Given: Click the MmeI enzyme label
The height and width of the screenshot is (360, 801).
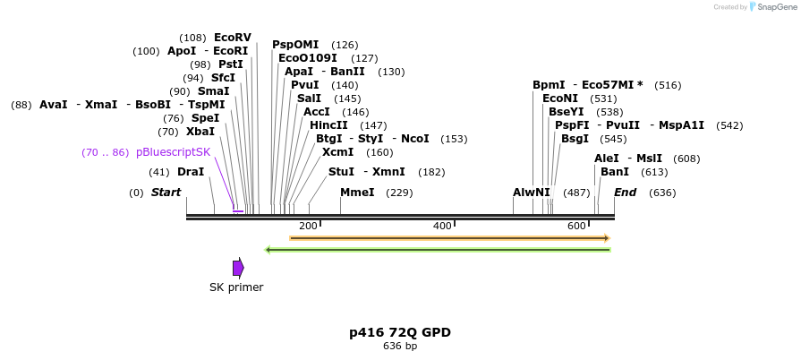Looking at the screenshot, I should point(357,193).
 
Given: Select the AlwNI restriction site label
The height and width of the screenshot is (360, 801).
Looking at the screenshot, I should point(532,193).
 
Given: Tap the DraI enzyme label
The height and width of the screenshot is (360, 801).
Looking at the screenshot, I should point(191,172).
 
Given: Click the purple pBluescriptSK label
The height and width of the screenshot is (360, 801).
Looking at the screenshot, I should point(174,152).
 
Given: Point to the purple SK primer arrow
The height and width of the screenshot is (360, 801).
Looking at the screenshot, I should point(238,268).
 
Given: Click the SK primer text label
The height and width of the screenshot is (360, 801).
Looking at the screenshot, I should point(236,287).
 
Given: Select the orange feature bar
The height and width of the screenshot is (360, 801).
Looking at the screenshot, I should point(449,238).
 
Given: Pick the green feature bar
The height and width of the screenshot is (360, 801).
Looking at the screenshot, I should point(439,249).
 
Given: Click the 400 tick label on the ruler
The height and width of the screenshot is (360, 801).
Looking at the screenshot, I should point(442,226).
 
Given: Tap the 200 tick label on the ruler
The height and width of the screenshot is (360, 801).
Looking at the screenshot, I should point(308,226).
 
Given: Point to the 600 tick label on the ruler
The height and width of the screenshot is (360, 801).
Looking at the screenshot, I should point(576,226).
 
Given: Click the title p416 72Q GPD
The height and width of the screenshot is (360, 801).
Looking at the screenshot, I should point(400,332).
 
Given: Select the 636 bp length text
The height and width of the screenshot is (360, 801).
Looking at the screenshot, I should point(400,346).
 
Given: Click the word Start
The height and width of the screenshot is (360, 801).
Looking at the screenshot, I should point(166,193).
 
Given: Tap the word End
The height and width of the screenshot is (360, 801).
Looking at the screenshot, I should point(625,193).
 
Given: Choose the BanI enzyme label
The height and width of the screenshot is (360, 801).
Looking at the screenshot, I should point(615,172).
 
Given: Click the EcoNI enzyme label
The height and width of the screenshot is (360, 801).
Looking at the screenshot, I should point(560,99).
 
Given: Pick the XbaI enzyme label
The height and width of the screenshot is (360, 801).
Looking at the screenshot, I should point(200,132).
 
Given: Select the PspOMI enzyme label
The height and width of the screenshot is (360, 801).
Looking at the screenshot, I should point(295,45).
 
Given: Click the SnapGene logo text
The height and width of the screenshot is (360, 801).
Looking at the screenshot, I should point(774,7).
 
